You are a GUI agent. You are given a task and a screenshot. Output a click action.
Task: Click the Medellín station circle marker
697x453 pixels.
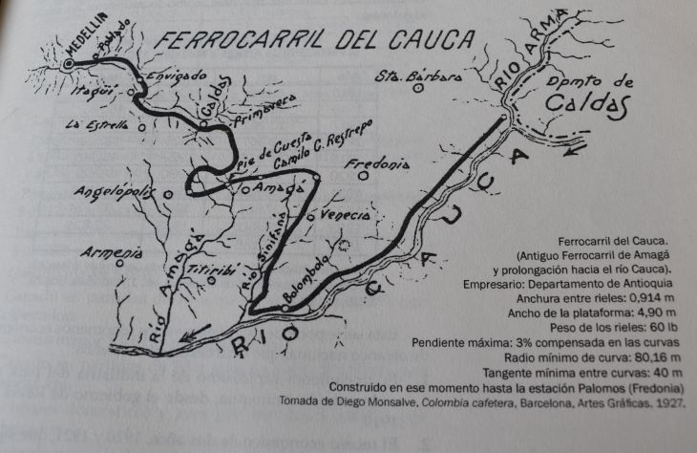pos(68,64)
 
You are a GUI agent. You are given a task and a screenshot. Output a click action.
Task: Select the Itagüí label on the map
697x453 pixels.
pos(92,93)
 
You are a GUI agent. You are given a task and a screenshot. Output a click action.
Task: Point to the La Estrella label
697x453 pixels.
pos(96,124)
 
